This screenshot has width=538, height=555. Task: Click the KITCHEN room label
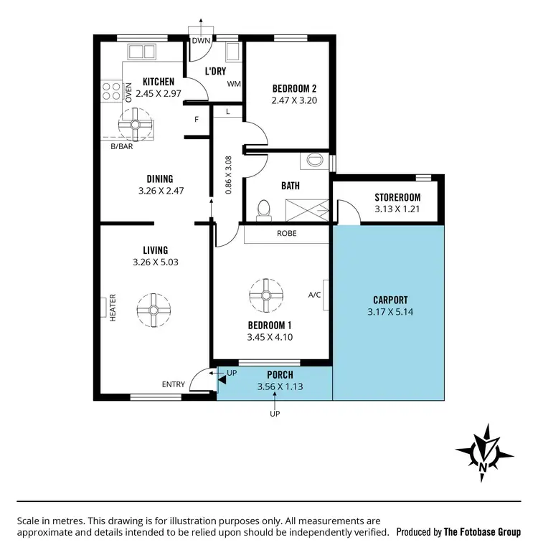159,82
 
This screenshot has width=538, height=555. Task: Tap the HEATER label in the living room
113,307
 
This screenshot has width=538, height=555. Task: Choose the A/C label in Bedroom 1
314,295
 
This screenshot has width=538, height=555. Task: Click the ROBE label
287,233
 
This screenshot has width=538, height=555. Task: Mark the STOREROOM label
397,198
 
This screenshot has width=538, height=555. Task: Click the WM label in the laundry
233,84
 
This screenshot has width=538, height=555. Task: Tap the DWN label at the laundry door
200,41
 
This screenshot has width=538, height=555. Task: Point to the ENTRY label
173,384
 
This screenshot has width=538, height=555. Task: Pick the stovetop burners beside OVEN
112,90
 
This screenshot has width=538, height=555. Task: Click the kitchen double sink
141,51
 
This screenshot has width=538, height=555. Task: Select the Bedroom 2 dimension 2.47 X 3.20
294,101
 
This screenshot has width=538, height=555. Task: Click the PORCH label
279,375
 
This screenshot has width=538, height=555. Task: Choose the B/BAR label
121,146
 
